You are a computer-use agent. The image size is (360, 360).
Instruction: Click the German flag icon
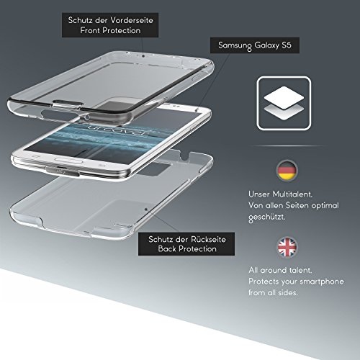[x=287, y=171]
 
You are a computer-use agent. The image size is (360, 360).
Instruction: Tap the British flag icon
[x=287, y=247]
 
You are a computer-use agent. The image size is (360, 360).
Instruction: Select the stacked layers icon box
[x=284, y=103]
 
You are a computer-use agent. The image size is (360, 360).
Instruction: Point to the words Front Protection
[x=110, y=30]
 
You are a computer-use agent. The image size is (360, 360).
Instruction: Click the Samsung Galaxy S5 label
[x=255, y=45]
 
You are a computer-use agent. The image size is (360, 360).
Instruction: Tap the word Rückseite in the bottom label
[x=208, y=239]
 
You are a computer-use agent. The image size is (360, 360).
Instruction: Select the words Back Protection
[x=187, y=249]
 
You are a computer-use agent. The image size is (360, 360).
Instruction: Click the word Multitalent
[x=292, y=194]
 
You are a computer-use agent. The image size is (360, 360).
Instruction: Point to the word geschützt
[x=267, y=217]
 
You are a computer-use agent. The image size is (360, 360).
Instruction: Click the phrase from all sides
[x=273, y=292]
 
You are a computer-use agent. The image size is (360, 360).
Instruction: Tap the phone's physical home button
[x=68, y=160]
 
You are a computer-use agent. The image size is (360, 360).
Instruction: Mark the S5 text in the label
[x=287, y=45]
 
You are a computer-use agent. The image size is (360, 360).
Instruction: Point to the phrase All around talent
[x=280, y=270]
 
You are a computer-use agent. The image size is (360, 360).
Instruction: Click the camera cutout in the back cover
[x=153, y=168]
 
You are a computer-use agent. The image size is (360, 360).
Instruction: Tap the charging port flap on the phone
[x=63, y=171]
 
